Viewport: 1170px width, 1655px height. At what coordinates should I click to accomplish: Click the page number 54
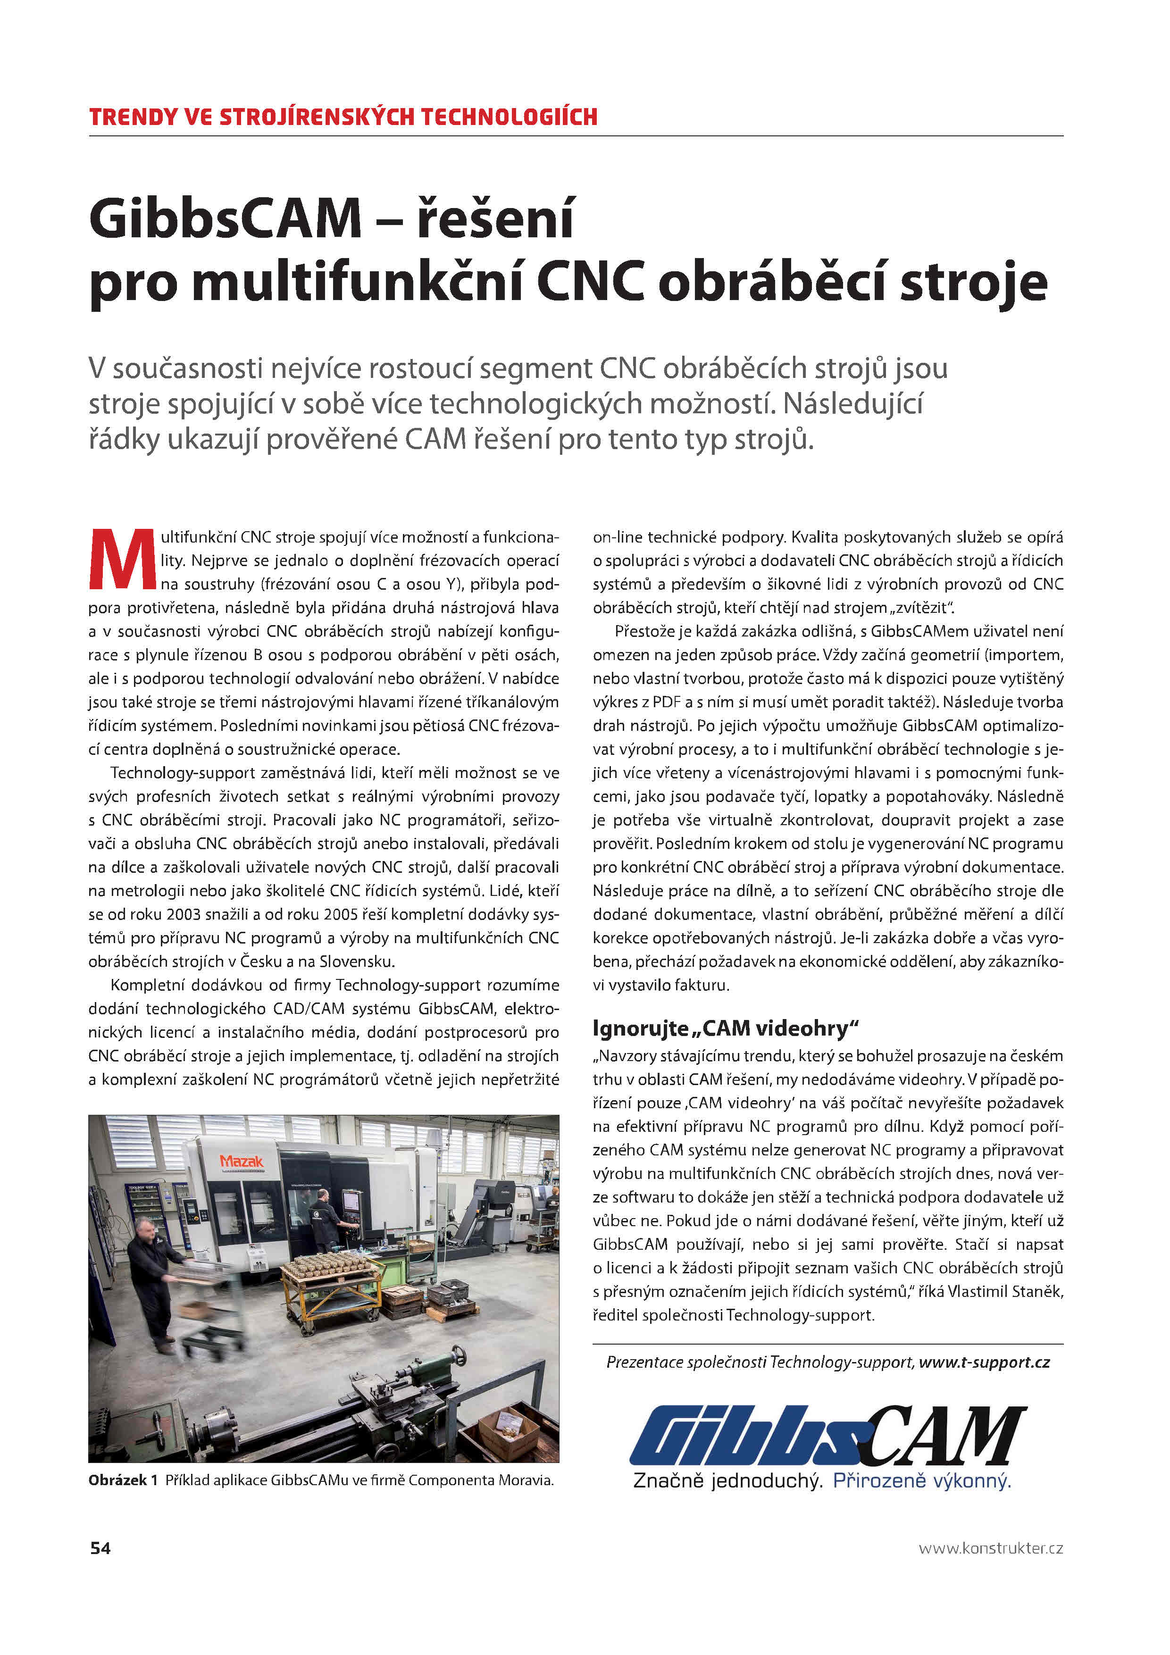[x=100, y=1547]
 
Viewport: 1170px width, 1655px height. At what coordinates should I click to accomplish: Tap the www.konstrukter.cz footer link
[x=991, y=1547]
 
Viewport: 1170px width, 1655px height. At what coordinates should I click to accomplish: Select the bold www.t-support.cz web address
[x=984, y=1362]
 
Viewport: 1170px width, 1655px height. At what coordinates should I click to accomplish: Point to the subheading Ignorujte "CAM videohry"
[x=726, y=1028]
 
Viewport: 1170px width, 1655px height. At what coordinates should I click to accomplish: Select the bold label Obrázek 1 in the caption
[x=123, y=1480]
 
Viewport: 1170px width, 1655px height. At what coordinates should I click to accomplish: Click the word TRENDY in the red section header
[x=133, y=117]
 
